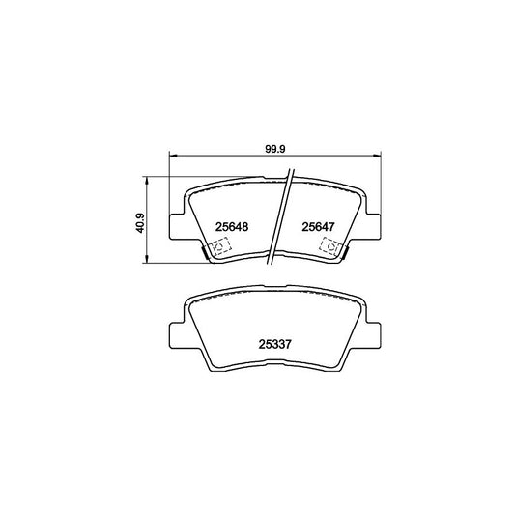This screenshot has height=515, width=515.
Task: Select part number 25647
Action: pyautogui.click(x=318, y=227)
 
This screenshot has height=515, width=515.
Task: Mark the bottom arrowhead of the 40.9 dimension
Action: pyautogui.click(x=147, y=261)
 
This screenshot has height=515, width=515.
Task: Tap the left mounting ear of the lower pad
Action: pyautogui.click(x=180, y=336)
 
